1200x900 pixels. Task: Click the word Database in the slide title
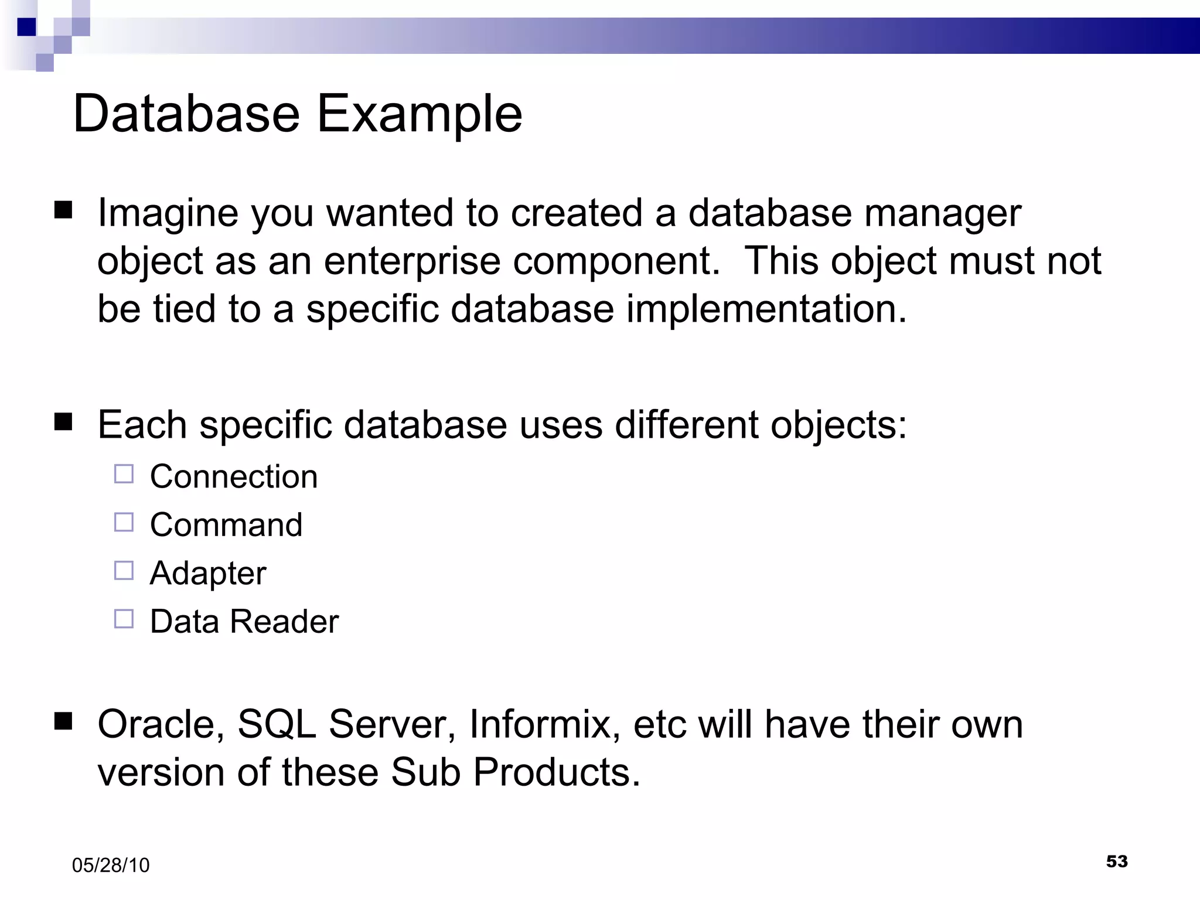[x=186, y=114]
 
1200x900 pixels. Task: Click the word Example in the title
[x=420, y=115]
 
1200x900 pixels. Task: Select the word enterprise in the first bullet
[x=412, y=262]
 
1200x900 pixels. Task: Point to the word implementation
[x=766, y=309]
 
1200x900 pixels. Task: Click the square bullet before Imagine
[x=63, y=210]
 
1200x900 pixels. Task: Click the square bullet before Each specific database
[x=63, y=422]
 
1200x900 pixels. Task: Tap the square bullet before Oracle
[x=63, y=721]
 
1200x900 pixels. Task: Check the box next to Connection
[x=124, y=473]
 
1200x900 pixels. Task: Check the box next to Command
[x=124, y=522]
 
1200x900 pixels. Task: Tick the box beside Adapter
[x=124, y=570]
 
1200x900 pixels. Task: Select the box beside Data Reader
[x=124, y=619]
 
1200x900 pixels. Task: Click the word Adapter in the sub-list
[x=208, y=573]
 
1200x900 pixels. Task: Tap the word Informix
[x=544, y=725]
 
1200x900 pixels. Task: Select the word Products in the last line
[x=557, y=773]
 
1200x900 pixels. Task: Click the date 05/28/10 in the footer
[x=111, y=865]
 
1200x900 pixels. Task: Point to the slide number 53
[x=1117, y=861]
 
